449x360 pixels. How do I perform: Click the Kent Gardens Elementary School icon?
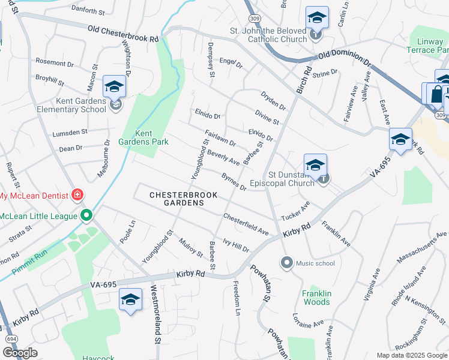tap(114, 88)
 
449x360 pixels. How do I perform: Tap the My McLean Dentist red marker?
tap(77, 194)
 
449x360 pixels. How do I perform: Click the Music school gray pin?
tap(286, 262)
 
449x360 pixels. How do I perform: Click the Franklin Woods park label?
tap(316, 298)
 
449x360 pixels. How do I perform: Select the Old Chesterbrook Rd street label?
tap(123, 33)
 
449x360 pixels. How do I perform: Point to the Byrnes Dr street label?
tap(234, 182)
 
